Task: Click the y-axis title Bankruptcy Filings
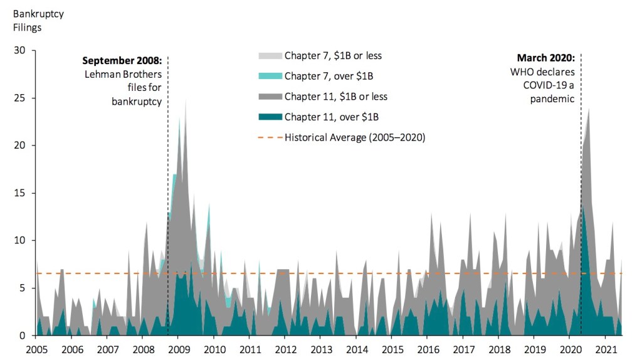(x=33, y=20)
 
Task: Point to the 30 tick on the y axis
(x=22, y=50)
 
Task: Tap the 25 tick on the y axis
(x=22, y=98)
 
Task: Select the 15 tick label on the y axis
(x=22, y=193)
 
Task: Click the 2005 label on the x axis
(x=36, y=349)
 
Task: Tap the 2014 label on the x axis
(x=357, y=349)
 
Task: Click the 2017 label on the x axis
(x=464, y=349)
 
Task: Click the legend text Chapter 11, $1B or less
(x=336, y=97)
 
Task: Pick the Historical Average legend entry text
(x=355, y=137)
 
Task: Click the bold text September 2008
(x=122, y=61)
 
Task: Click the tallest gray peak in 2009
(x=186, y=100)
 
